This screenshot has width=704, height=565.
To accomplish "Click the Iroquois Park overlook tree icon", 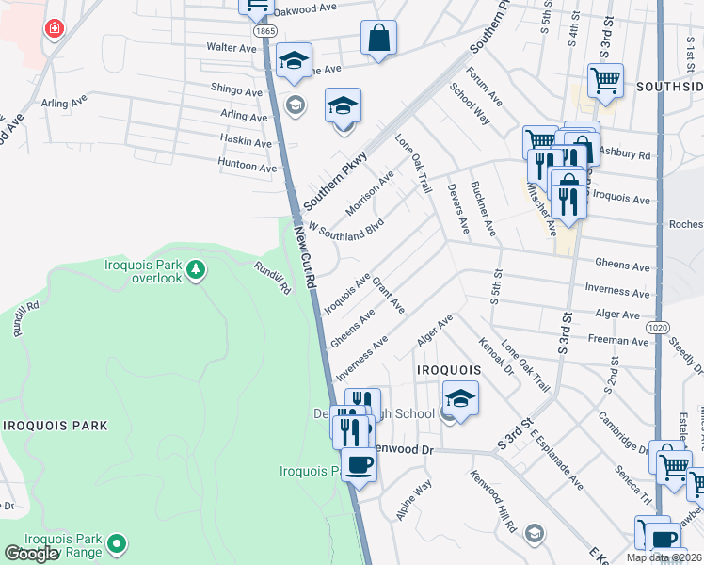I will (196, 271).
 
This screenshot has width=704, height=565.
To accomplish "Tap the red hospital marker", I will (55, 29).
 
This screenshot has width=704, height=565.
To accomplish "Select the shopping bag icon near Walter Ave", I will (378, 39).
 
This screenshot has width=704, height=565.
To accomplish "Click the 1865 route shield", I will (265, 31).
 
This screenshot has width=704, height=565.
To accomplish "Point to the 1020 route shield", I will (659, 326).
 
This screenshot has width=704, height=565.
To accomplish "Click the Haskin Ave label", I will (246, 142).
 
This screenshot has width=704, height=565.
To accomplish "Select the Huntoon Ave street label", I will (248, 167).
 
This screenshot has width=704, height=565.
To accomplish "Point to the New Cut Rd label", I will (304, 253).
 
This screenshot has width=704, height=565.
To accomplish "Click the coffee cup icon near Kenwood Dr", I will (358, 463).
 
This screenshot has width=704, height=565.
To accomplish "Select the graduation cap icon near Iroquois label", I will (460, 398).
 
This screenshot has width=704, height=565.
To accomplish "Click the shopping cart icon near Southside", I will (606, 80).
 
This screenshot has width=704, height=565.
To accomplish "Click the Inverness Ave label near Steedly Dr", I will (617, 290).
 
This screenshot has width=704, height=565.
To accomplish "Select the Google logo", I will (32, 554).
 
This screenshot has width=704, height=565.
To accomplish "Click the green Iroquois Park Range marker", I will (117, 542).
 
